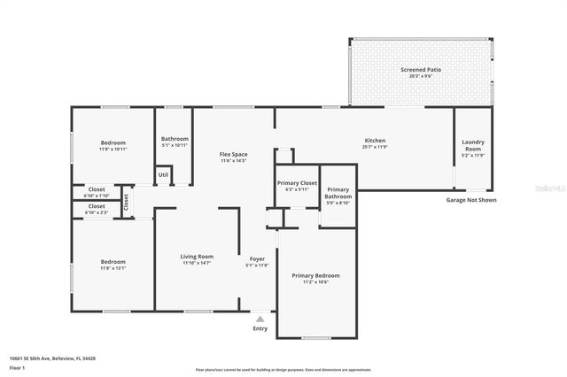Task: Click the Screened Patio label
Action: click(x=420, y=69)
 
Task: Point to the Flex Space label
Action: click(x=233, y=155)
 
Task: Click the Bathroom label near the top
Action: click(x=175, y=138)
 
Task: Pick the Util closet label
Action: click(x=163, y=174)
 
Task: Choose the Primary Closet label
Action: click(x=297, y=182)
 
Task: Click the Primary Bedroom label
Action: click(x=315, y=275)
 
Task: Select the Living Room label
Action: click(x=197, y=257)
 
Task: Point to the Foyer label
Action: click(x=257, y=259)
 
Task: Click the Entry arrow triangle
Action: click(x=260, y=319)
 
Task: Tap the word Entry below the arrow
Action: click(x=260, y=328)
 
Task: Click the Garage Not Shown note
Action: click(x=470, y=200)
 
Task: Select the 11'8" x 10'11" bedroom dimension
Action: click(x=113, y=149)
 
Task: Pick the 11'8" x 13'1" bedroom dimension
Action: click(x=113, y=267)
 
